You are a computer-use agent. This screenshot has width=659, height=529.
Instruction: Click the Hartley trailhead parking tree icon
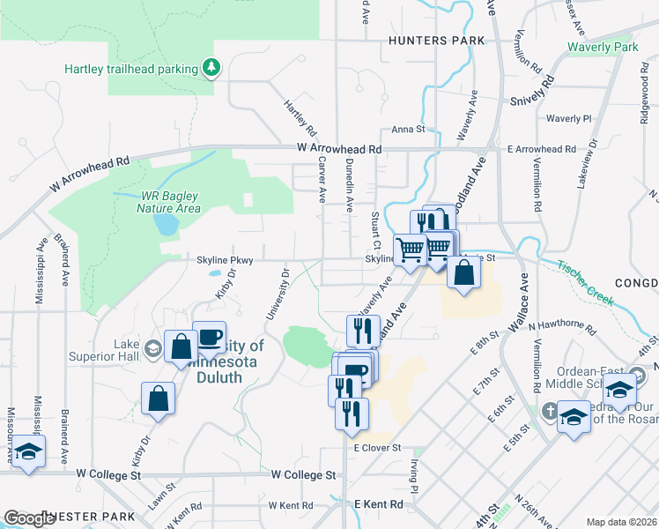point(211,67)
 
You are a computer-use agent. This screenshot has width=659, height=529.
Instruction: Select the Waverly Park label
point(602,47)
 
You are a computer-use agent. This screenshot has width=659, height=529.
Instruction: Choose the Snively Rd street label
point(532,92)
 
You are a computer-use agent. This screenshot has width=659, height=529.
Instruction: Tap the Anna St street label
point(408,129)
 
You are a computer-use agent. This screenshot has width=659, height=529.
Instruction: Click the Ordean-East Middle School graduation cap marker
point(620,389)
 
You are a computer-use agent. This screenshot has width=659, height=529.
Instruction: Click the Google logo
point(28,518)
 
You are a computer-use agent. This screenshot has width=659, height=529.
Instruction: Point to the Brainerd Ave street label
point(64,260)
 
